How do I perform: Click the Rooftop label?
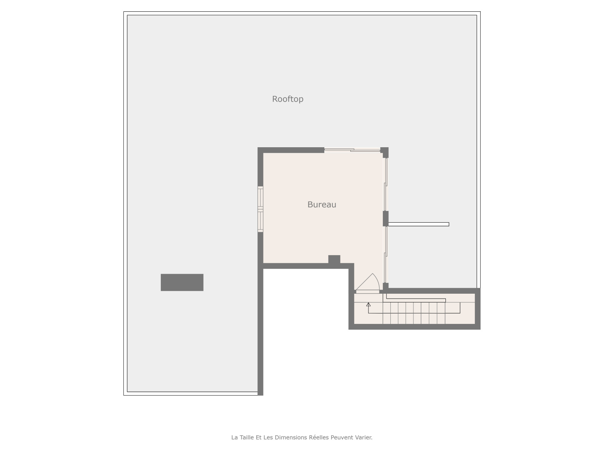(288, 99)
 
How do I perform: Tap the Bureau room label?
(322, 205)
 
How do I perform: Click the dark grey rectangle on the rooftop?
(182, 282)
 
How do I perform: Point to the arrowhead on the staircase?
(368, 305)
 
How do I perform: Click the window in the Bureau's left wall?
(260, 209)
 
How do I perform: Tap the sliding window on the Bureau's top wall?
(352, 150)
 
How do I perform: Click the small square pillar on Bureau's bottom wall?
(334, 259)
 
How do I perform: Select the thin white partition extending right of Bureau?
(419, 224)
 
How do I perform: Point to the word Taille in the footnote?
(247, 437)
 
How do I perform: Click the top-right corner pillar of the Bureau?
(384, 153)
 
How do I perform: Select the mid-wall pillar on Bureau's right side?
(385, 219)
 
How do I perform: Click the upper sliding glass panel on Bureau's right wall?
(386, 184)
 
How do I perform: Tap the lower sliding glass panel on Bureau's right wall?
(386, 254)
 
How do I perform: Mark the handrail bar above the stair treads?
(416, 299)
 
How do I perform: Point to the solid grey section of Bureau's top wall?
(291, 150)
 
